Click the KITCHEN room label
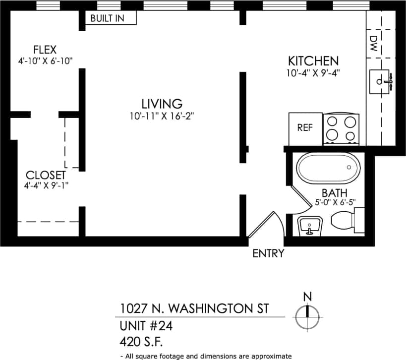313,61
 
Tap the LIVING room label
162,104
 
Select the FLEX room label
45,50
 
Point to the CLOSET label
46,175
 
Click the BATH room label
334,192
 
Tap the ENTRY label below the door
268,253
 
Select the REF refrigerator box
305,128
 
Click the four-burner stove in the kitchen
342,128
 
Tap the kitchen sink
381,81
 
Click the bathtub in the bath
328,169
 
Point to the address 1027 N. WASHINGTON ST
194,308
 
